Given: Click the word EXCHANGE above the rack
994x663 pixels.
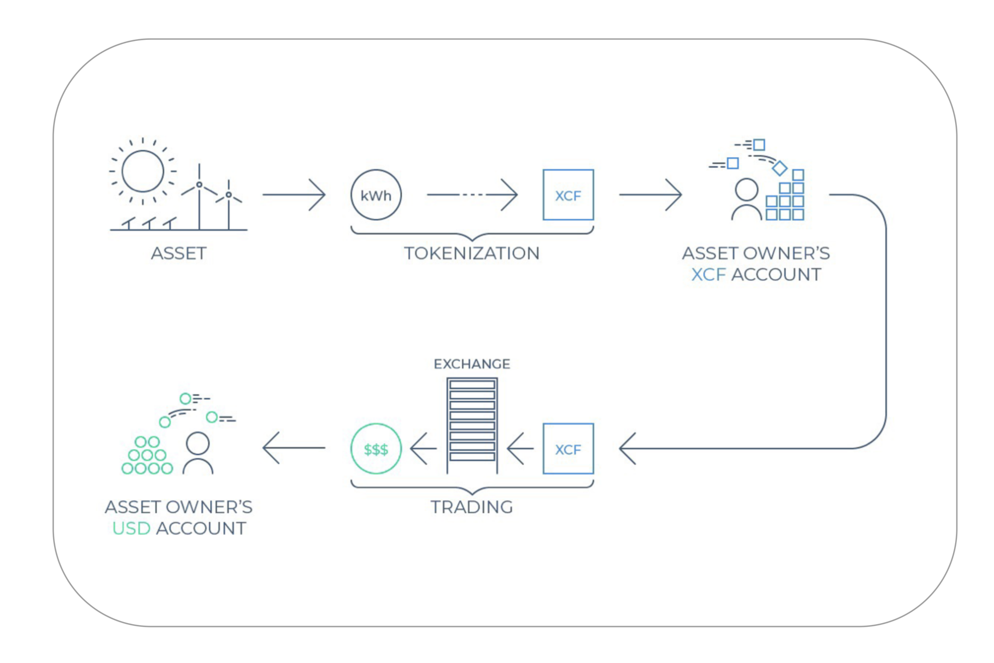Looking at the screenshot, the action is pyautogui.click(x=472, y=364).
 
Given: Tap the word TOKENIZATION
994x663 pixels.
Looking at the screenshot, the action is pyautogui.click(x=472, y=253).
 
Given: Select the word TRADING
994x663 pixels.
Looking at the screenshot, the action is pyautogui.click(x=472, y=507).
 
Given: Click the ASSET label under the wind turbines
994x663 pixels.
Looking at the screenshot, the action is pyautogui.click(x=179, y=253).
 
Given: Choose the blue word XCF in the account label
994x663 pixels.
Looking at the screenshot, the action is pyautogui.click(x=708, y=275).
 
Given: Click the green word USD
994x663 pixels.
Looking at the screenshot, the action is pyautogui.click(x=131, y=528).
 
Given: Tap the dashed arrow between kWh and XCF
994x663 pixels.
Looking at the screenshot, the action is pyautogui.click(x=472, y=195).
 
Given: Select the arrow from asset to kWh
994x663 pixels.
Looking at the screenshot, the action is pyautogui.click(x=294, y=195).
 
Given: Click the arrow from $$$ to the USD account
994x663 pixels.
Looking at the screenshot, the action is pyautogui.click(x=294, y=448).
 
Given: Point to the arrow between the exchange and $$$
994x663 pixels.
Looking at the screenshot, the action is pyautogui.click(x=423, y=449).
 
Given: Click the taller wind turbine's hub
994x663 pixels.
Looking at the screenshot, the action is pyautogui.click(x=199, y=184).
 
